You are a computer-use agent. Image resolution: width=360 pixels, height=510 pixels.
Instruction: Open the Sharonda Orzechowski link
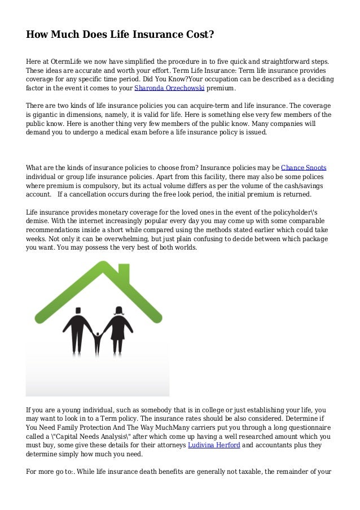(169, 89)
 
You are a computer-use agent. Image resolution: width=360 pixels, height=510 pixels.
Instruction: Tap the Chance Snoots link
(304, 168)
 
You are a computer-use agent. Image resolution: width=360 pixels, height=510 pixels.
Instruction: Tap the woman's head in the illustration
(119, 311)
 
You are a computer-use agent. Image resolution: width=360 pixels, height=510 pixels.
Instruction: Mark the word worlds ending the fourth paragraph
(182, 248)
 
